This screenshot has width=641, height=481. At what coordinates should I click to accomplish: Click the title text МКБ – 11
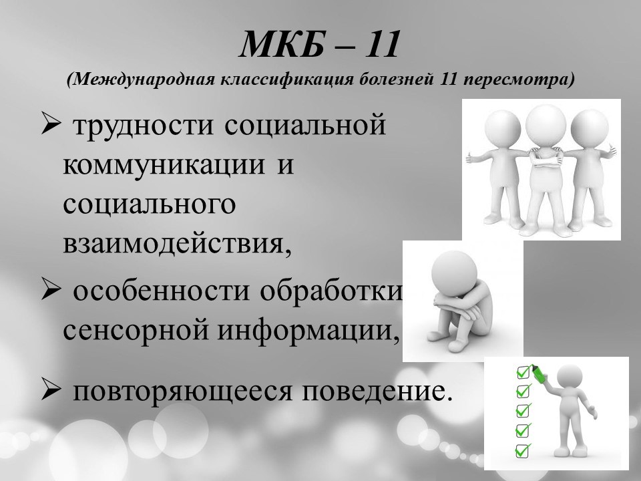click(x=319, y=44)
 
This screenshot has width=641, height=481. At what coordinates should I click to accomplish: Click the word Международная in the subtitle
click(x=144, y=79)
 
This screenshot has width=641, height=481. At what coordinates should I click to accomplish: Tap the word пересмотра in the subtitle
click(x=519, y=79)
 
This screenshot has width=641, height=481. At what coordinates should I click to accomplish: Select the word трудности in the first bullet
click(x=143, y=126)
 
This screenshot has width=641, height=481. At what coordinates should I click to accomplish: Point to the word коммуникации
click(x=164, y=165)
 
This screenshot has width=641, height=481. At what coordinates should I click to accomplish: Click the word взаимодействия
click(x=178, y=245)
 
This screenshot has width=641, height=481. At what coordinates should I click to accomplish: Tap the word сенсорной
click(x=136, y=331)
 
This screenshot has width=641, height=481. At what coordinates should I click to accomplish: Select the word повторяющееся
click(x=183, y=391)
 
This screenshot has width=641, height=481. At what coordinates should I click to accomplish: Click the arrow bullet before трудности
click(x=51, y=125)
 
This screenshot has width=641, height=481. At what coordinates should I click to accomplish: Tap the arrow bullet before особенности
click(x=51, y=291)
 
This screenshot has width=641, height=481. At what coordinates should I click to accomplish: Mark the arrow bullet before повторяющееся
click(x=51, y=391)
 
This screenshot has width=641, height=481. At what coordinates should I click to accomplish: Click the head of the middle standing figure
click(x=546, y=123)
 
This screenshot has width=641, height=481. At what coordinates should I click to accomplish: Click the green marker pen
click(x=540, y=372)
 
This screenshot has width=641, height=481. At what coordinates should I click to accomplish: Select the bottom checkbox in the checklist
click(x=522, y=450)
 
